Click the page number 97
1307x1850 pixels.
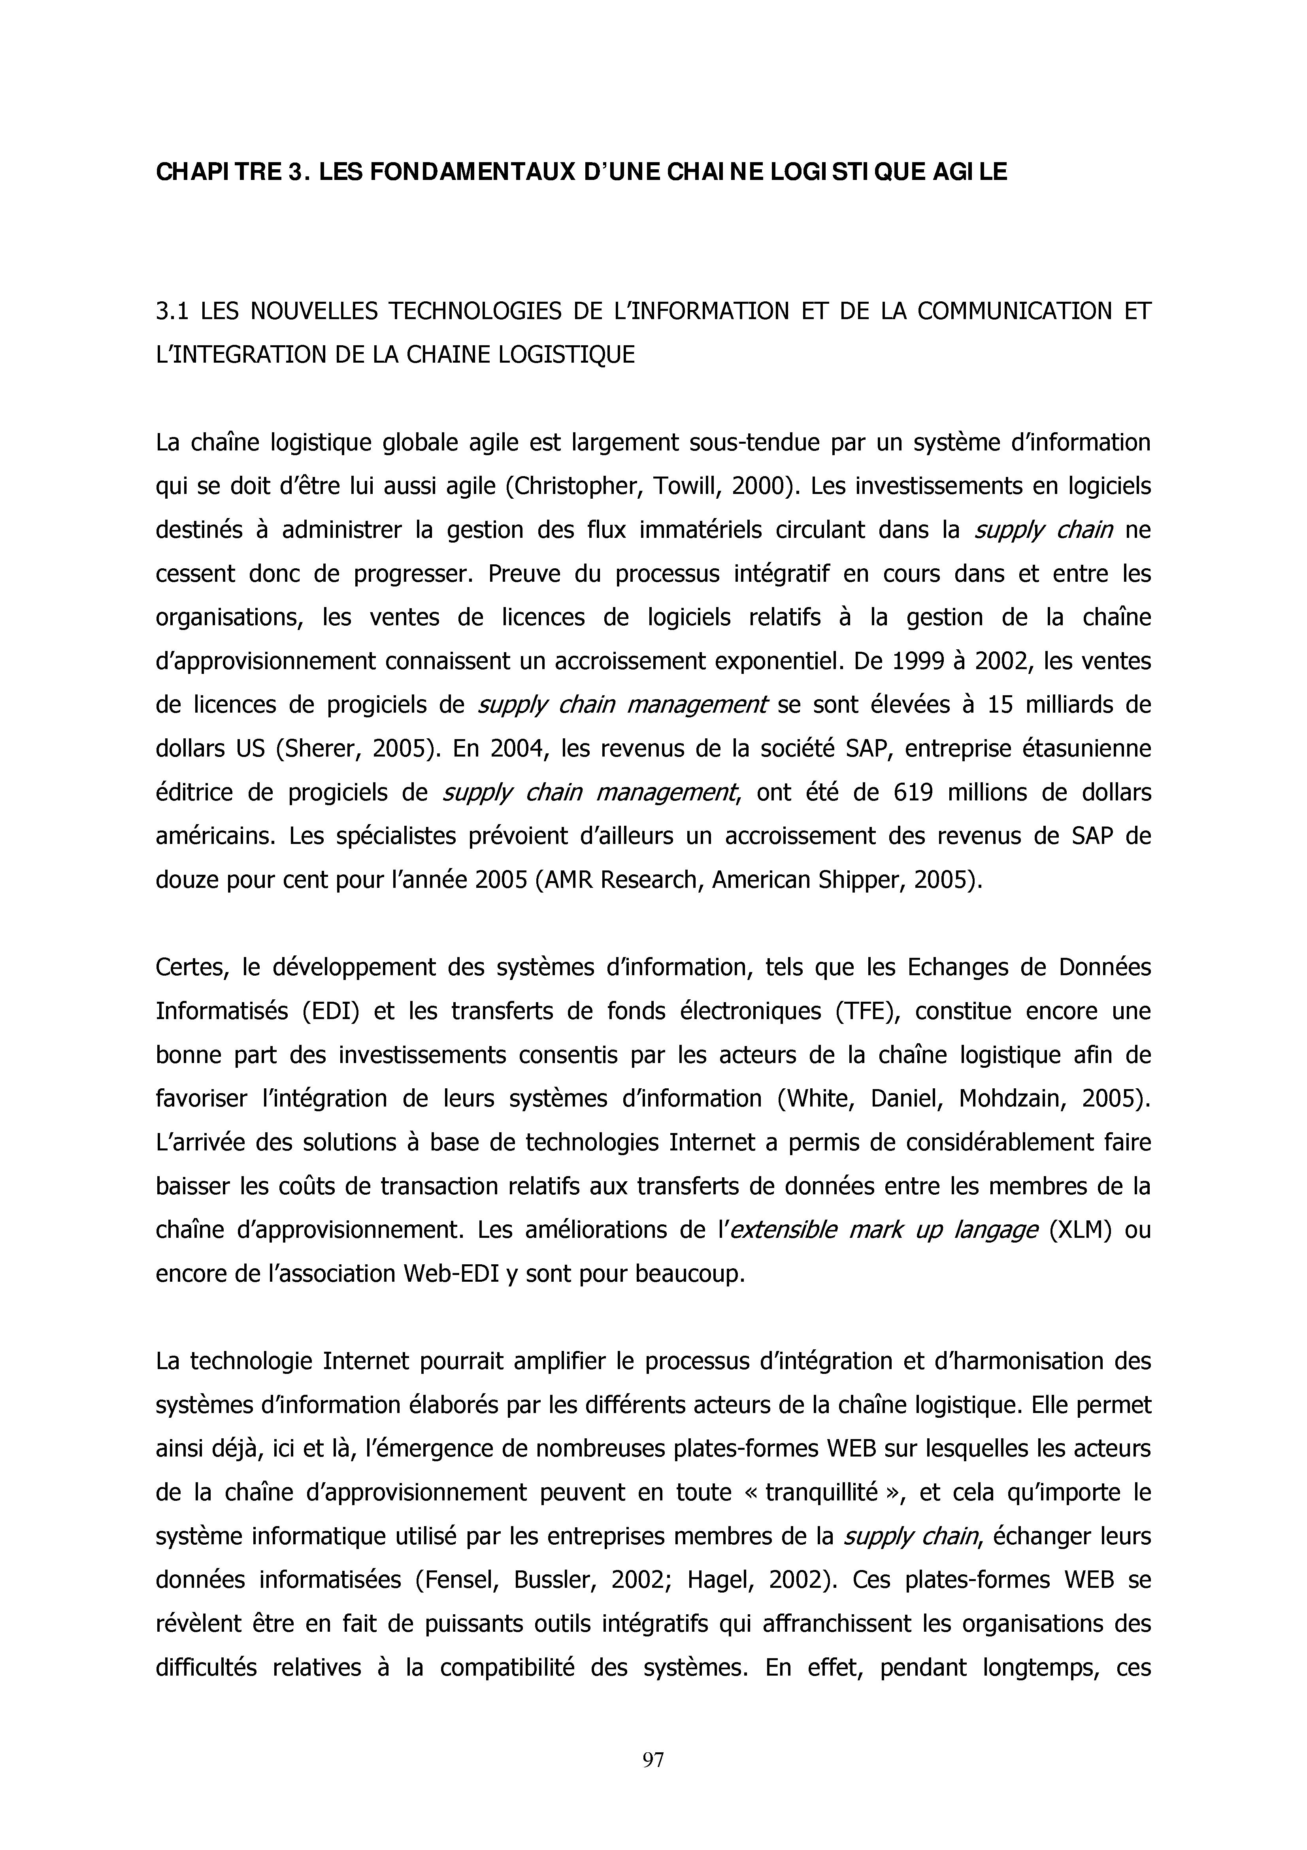653,1760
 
